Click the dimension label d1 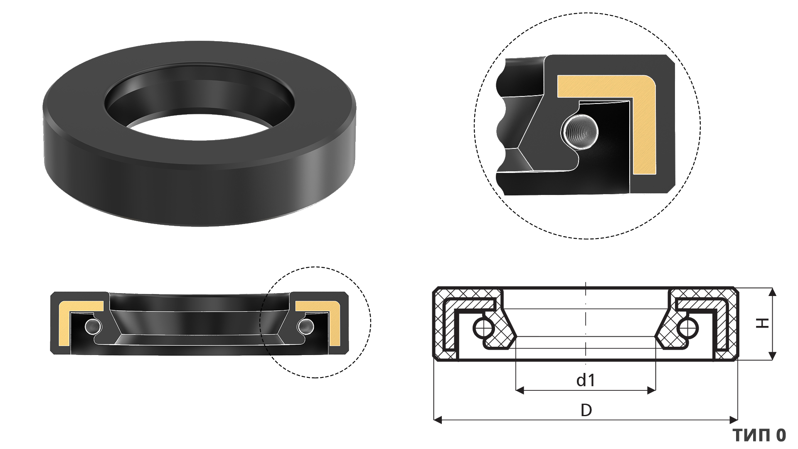tap(586, 380)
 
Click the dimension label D tap(586, 410)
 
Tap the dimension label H tap(763, 323)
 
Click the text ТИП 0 tap(759, 435)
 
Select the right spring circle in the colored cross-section tap(306, 326)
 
